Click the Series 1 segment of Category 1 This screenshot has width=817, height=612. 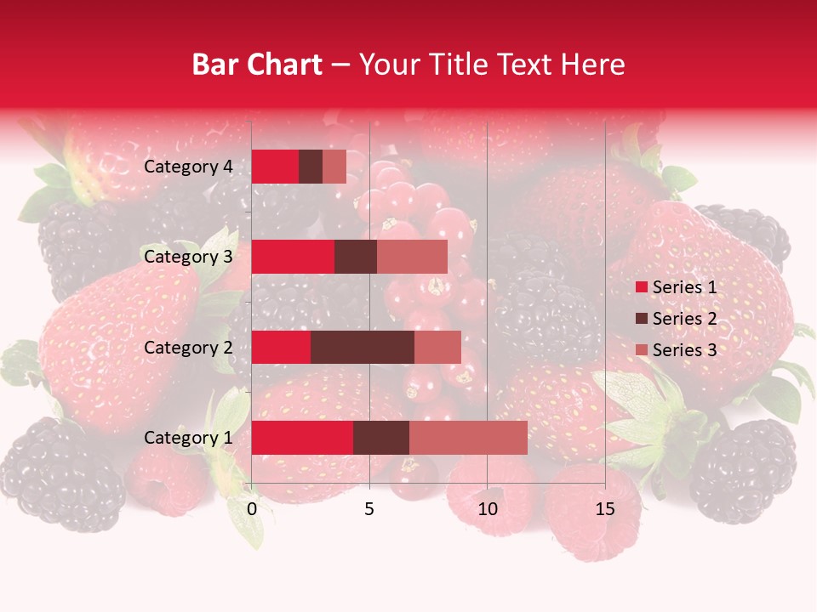pos(302,438)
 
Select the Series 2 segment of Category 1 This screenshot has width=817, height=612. pos(380,438)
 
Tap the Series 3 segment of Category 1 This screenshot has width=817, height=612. pos(468,438)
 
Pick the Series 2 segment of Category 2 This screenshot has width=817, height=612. pos(363,347)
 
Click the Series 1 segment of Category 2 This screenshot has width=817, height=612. pos(281,347)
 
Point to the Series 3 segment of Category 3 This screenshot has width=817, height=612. pos(412,257)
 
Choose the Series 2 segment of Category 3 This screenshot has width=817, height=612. pos(356,257)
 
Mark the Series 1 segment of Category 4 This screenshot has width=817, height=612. pos(275,167)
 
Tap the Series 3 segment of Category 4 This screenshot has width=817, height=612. pos(334,167)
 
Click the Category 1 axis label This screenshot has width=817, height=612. pos(188,438)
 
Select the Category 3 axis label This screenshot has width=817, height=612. pos(188,257)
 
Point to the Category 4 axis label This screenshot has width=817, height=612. pos(188,167)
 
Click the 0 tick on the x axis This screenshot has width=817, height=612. pos(252,509)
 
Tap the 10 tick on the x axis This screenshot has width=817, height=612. pos(487,509)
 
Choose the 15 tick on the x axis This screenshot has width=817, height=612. pos(605,509)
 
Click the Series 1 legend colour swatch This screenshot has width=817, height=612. pos(641,287)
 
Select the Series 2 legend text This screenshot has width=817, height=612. pos(684,319)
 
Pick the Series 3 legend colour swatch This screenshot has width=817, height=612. pos(641,350)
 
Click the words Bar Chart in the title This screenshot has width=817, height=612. pos(257,65)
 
